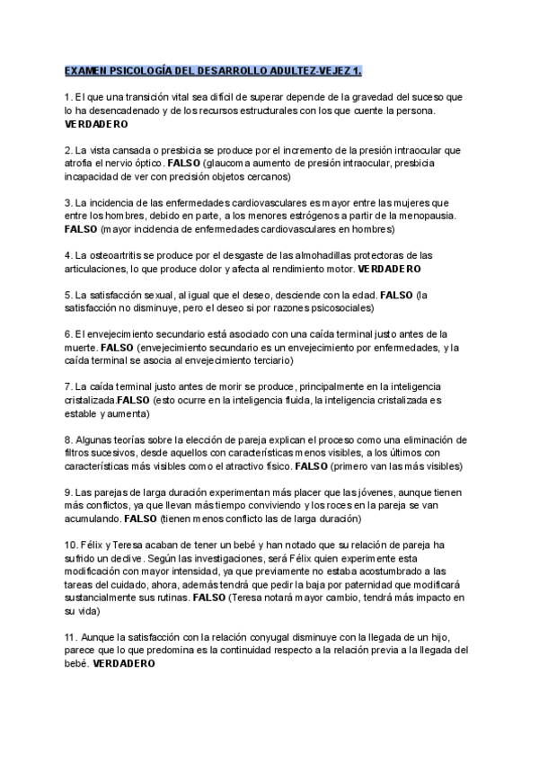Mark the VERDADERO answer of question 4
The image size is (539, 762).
click(390, 268)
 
